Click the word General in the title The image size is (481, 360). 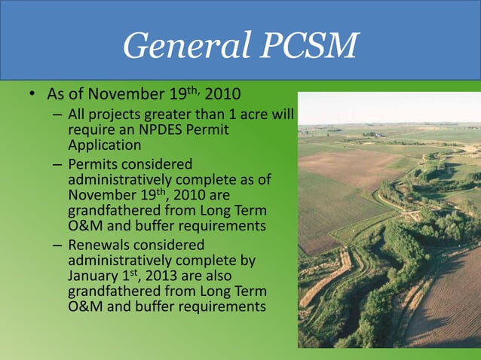click(x=174, y=47)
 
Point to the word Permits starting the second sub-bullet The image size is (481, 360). click(x=92, y=163)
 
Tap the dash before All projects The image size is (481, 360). click(x=58, y=116)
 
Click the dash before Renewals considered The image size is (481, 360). click(x=58, y=245)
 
